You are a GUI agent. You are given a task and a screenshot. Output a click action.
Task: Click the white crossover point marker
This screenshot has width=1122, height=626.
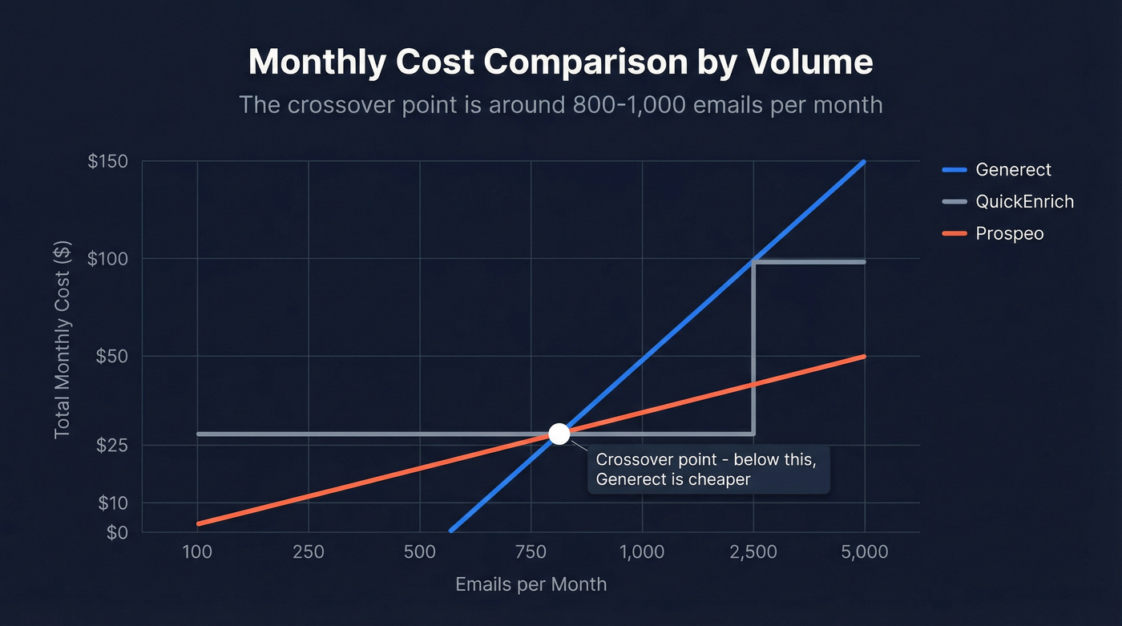pyautogui.click(x=559, y=434)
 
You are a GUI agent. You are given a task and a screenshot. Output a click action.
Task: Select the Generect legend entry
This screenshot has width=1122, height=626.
pyautogui.click(x=1013, y=170)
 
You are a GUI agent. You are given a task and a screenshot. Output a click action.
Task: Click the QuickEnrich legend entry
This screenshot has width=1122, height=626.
pyautogui.click(x=1024, y=202)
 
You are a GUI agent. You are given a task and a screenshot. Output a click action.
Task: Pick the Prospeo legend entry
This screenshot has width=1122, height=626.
pyautogui.click(x=1009, y=234)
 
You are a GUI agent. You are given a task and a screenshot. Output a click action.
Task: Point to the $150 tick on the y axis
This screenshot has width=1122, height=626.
pyautogui.click(x=108, y=161)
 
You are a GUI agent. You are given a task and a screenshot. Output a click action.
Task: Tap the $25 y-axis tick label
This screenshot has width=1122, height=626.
pyautogui.click(x=111, y=445)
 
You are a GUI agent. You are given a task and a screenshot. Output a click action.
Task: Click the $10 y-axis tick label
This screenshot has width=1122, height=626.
pyautogui.click(x=112, y=503)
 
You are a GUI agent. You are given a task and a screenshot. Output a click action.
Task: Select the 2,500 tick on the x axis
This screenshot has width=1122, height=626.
pyautogui.click(x=753, y=552)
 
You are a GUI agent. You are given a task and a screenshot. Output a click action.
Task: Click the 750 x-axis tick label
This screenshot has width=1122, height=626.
pyautogui.click(x=531, y=552)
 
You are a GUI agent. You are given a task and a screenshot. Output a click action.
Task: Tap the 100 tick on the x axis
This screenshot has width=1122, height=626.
pyautogui.click(x=197, y=552)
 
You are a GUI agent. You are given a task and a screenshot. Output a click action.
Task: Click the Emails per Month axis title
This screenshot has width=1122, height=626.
pyautogui.click(x=531, y=584)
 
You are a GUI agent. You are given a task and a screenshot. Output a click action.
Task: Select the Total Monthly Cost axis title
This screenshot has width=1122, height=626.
pyautogui.click(x=63, y=341)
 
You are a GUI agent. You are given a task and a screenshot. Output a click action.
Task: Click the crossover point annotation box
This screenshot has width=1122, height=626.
pyautogui.click(x=708, y=470)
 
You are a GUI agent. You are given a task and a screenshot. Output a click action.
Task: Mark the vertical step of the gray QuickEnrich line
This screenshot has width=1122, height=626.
pyautogui.click(x=753, y=349)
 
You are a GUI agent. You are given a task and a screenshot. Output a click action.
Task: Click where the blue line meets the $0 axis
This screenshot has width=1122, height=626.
pyautogui.click(x=451, y=530)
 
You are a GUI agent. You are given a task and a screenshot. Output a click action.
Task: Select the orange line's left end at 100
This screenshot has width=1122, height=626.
pyautogui.click(x=198, y=523)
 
